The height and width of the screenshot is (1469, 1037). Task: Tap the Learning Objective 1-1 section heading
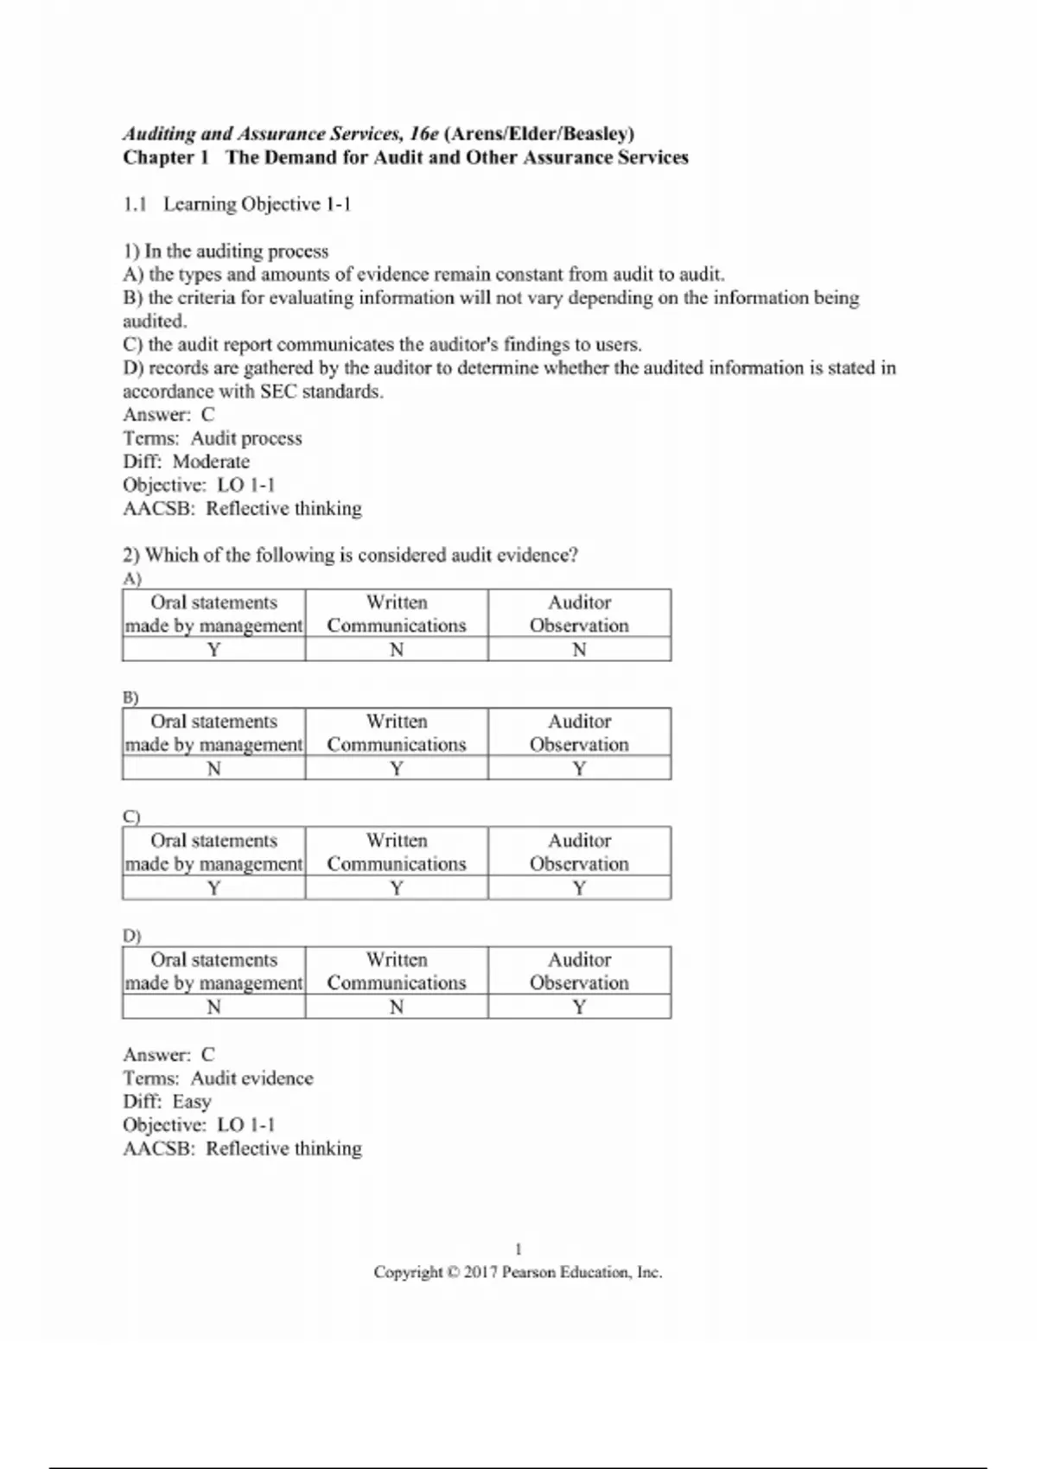(257, 205)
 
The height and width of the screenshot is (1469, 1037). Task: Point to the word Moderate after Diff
(211, 461)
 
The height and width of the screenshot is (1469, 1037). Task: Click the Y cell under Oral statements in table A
(213, 650)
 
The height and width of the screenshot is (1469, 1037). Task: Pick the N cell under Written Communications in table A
(397, 650)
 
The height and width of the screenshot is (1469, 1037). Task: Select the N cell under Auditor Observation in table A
(579, 650)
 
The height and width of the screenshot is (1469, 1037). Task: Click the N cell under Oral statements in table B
(213, 769)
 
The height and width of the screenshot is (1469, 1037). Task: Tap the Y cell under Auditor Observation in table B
(579, 769)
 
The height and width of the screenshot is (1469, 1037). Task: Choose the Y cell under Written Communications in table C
(397, 888)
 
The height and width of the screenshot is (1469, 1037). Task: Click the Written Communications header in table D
(397, 971)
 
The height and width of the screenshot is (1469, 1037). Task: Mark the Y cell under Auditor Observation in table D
(579, 1008)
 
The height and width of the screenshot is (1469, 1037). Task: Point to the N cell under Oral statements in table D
(213, 1008)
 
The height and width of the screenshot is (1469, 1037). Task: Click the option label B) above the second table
(131, 697)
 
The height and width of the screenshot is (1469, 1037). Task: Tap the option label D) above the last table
(131, 936)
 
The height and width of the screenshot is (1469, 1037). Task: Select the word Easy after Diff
(192, 1102)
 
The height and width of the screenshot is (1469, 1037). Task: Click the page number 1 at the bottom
(518, 1250)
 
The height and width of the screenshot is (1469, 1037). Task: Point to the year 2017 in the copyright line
(480, 1273)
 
